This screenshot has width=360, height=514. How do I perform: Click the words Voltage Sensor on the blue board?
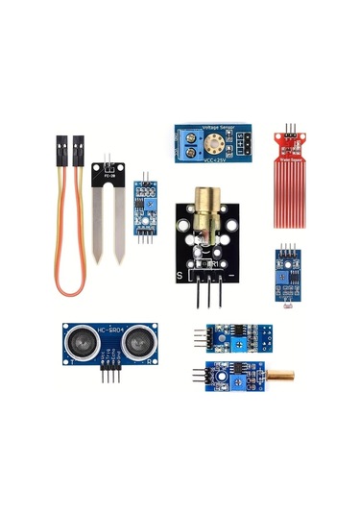pyautogui.click(x=215, y=128)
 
